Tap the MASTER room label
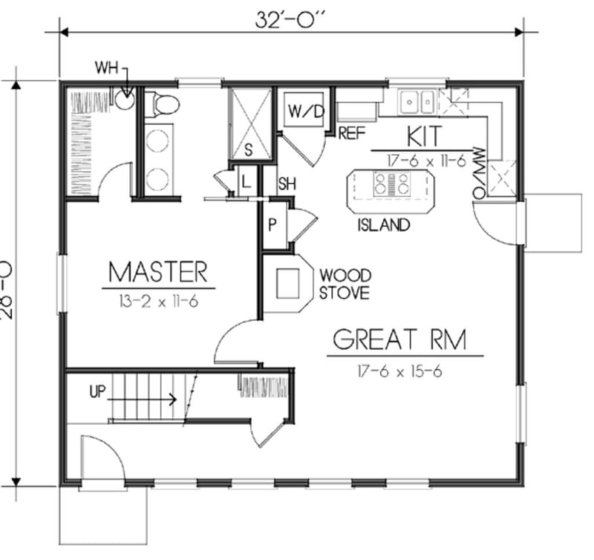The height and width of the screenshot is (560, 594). (x=157, y=271)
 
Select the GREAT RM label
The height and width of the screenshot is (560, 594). (x=399, y=340)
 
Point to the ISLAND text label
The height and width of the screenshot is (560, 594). (x=383, y=224)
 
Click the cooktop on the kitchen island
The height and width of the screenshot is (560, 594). (x=391, y=183)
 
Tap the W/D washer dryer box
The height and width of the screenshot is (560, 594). (x=306, y=113)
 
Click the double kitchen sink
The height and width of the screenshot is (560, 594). (x=417, y=100)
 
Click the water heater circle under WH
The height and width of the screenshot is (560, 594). (x=125, y=99)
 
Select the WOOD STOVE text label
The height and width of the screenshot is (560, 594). (x=345, y=284)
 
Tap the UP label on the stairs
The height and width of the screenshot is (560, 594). (x=97, y=391)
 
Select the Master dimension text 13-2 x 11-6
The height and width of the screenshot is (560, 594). (x=157, y=301)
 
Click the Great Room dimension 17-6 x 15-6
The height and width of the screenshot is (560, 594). (x=399, y=371)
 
